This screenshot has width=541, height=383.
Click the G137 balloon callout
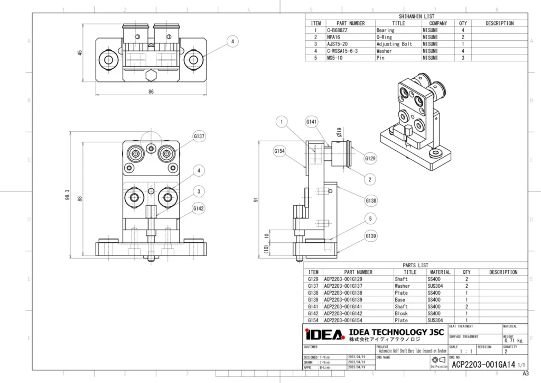click(199, 136)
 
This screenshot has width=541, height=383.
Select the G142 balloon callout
click(199, 208)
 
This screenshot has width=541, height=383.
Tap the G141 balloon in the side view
click(312, 122)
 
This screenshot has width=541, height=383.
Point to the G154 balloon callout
click(279, 151)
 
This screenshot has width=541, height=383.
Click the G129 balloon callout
click(370, 158)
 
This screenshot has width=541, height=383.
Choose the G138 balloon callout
click(370, 201)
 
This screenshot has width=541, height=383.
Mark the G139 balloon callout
click(370, 235)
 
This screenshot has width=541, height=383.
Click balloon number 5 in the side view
click(370, 218)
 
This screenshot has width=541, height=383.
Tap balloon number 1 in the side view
click(283, 122)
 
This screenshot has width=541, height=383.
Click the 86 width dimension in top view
click(151, 92)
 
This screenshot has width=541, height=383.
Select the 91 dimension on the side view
click(256, 200)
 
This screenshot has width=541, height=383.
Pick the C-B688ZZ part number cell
click(339, 31)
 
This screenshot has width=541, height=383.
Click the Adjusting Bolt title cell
click(394, 44)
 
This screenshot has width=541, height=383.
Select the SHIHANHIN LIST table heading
click(416, 17)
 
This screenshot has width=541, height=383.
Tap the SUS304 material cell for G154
click(437, 320)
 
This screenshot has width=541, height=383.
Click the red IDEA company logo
click(324, 334)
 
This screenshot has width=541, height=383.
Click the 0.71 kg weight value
click(514, 340)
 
